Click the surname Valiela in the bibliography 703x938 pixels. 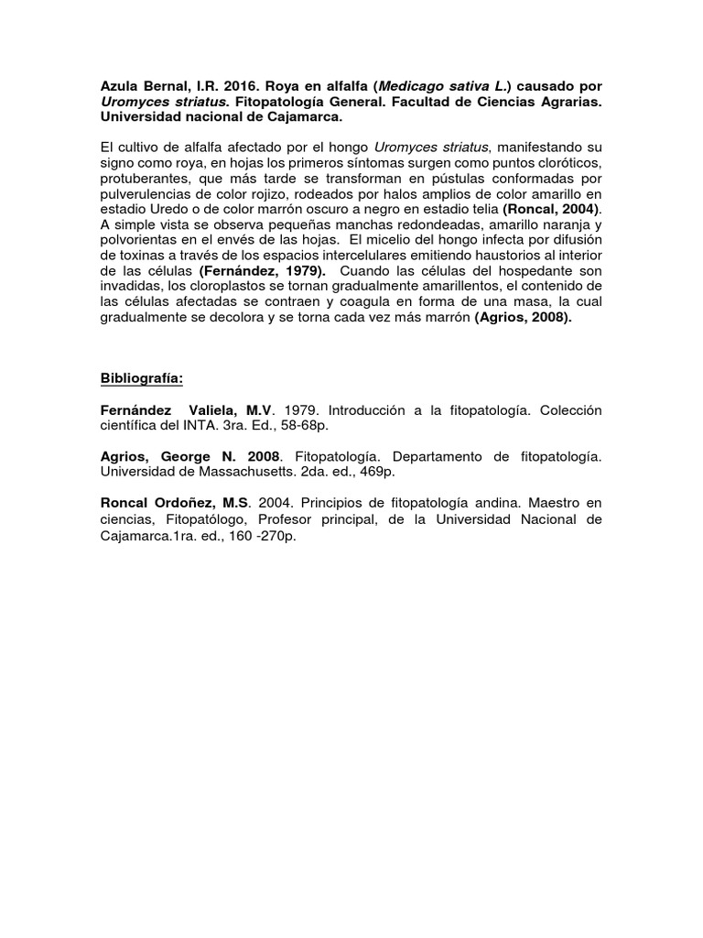tap(211, 410)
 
